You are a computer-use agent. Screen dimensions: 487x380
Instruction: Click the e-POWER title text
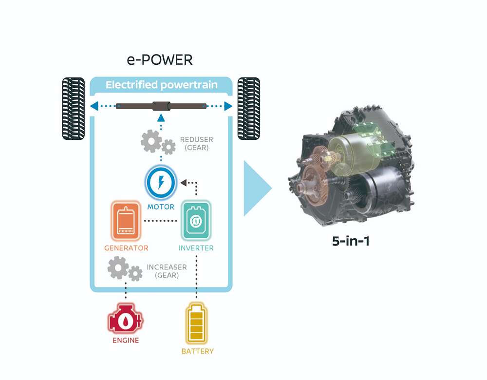(160, 59)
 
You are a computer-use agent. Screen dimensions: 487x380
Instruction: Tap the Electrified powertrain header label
(162, 85)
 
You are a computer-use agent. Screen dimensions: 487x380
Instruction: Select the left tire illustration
(74, 109)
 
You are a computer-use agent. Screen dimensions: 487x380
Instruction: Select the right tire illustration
(249, 109)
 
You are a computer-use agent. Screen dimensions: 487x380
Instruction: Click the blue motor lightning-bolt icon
(161, 182)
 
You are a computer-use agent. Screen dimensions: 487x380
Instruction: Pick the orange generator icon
(126, 221)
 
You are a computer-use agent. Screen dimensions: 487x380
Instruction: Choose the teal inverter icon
(196, 221)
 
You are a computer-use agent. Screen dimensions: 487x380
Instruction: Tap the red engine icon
(126, 319)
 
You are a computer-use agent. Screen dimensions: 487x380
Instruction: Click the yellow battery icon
(196, 323)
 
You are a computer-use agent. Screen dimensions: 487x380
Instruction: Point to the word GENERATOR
(126, 248)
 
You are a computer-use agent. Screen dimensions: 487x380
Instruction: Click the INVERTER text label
(196, 248)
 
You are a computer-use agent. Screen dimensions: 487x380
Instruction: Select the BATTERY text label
(198, 351)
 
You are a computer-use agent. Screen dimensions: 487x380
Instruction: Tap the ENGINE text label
(126, 340)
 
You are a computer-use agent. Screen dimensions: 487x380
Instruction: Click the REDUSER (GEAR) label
(197, 144)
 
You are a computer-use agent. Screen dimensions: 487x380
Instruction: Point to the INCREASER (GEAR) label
(167, 271)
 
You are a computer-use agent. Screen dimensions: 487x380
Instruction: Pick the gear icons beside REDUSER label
(158, 142)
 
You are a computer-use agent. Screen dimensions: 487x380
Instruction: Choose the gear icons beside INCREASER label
(125, 269)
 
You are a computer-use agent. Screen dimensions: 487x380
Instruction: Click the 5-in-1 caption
(351, 241)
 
